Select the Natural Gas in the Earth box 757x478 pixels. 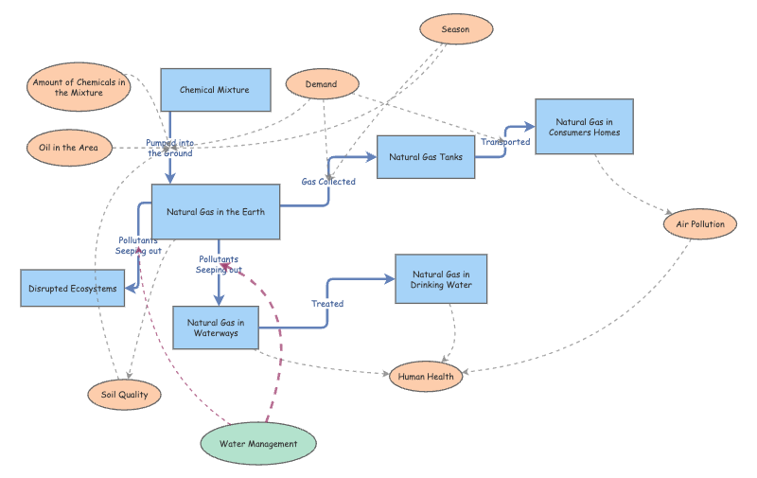tap(217, 212)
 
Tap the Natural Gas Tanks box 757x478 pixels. tap(425, 157)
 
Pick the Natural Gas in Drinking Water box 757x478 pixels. tap(441, 279)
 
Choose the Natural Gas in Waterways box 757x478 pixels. tap(215, 328)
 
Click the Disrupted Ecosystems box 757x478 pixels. tap(73, 288)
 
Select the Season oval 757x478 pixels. tap(455, 29)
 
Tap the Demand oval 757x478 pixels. tap(321, 84)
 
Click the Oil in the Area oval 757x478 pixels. tap(68, 147)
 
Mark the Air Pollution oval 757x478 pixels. tap(700, 224)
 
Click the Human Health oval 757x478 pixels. tap(426, 376)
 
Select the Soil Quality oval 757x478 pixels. tap(124, 395)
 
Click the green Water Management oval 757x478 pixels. tap(258, 443)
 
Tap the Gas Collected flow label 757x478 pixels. tap(328, 182)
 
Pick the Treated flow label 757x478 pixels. tap(327, 304)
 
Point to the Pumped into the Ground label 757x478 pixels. tap(169, 148)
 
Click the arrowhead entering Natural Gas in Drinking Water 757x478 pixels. tap(389, 279)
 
